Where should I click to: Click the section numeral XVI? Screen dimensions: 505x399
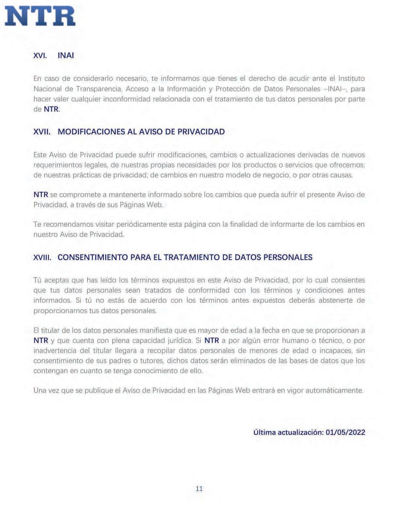(40, 55)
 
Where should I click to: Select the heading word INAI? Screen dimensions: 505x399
(66, 55)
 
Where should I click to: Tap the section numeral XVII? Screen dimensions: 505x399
(42, 132)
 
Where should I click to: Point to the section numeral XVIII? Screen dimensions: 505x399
(43, 257)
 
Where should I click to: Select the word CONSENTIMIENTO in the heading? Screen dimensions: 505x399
(93, 257)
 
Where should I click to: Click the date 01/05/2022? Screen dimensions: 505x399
(345, 432)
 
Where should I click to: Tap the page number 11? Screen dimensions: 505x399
(199, 488)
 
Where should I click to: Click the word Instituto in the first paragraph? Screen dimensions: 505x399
(351, 79)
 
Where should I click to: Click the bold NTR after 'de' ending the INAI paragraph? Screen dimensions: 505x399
(51, 109)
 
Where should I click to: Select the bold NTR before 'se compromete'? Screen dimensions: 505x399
(41, 195)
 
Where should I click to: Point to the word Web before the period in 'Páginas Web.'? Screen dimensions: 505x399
(155, 205)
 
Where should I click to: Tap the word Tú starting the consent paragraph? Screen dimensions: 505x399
(38, 280)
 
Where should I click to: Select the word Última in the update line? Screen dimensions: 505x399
(264, 432)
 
